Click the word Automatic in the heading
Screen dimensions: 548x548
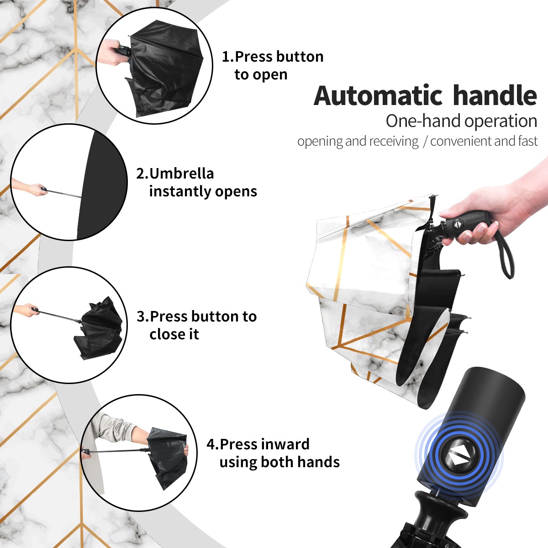(378, 96)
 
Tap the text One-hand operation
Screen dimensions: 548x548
(461, 121)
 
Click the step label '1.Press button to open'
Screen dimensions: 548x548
(273, 65)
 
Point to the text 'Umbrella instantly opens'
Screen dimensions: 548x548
(203, 182)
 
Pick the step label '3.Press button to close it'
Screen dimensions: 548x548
(196, 325)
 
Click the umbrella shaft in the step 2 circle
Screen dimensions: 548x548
(64, 194)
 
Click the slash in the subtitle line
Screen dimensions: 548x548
(425, 142)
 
